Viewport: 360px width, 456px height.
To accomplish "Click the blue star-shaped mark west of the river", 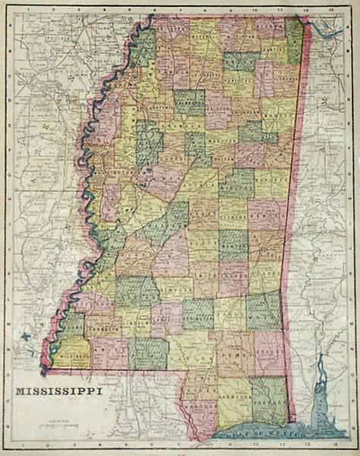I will [27, 332].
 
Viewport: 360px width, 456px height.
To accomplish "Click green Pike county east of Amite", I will [147, 352].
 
